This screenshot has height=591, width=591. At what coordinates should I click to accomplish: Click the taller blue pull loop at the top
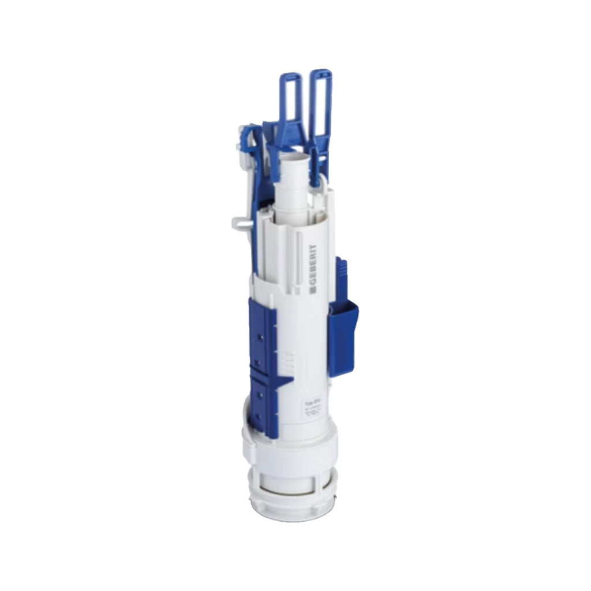pos(321,104)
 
